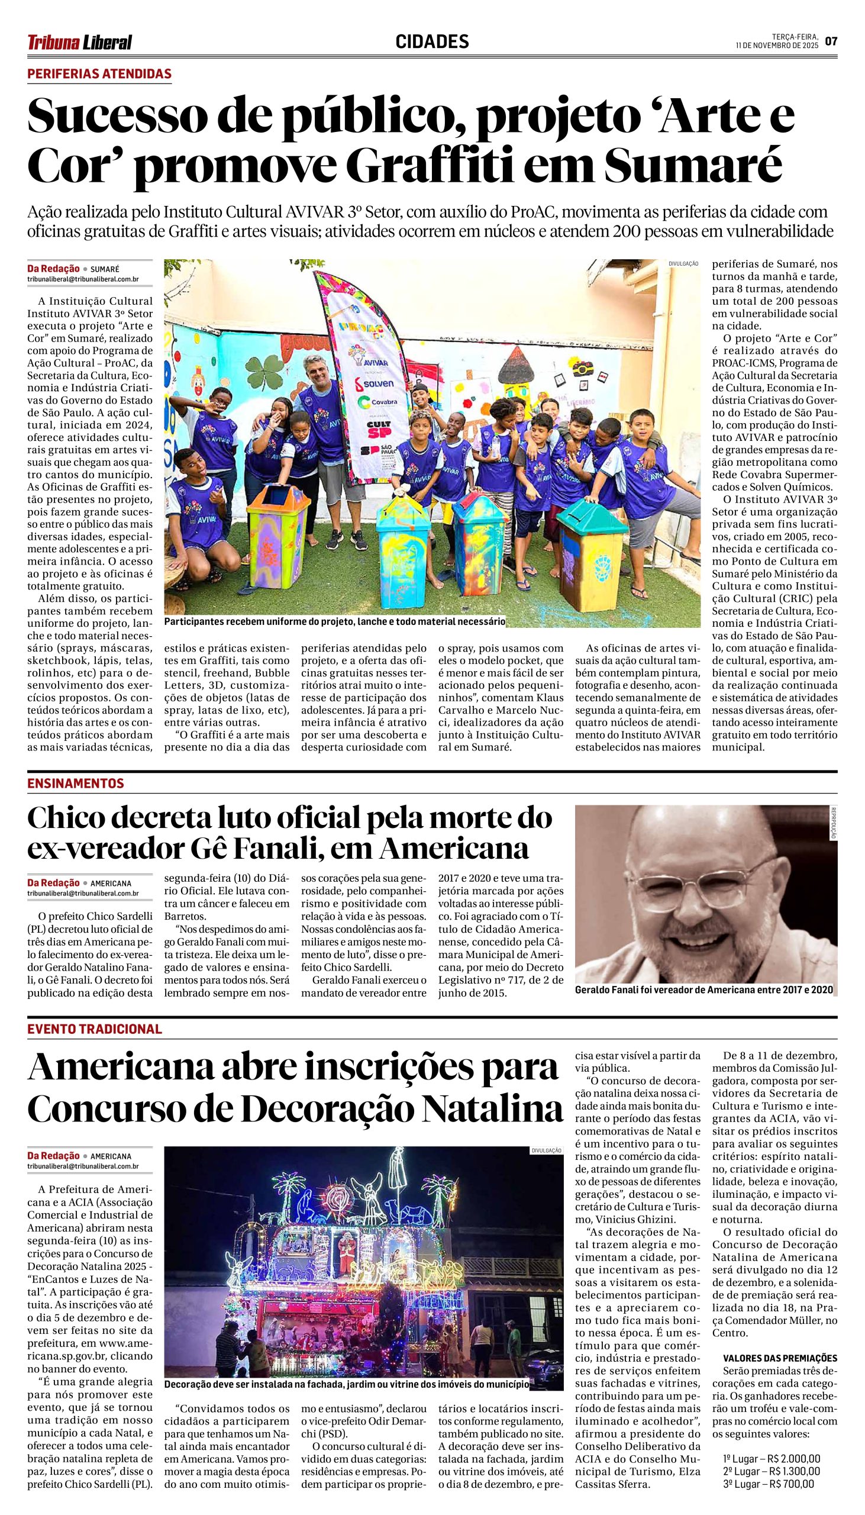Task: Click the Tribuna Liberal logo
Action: [x=80, y=42]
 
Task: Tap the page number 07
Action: [x=831, y=41]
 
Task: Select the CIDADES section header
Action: [x=432, y=41]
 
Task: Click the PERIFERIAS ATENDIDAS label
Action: [x=99, y=73]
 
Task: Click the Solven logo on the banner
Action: [x=375, y=383]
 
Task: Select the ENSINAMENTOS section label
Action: [x=76, y=783]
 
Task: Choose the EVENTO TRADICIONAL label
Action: [x=95, y=1029]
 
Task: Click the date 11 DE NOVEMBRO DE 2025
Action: [x=776, y=45]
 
